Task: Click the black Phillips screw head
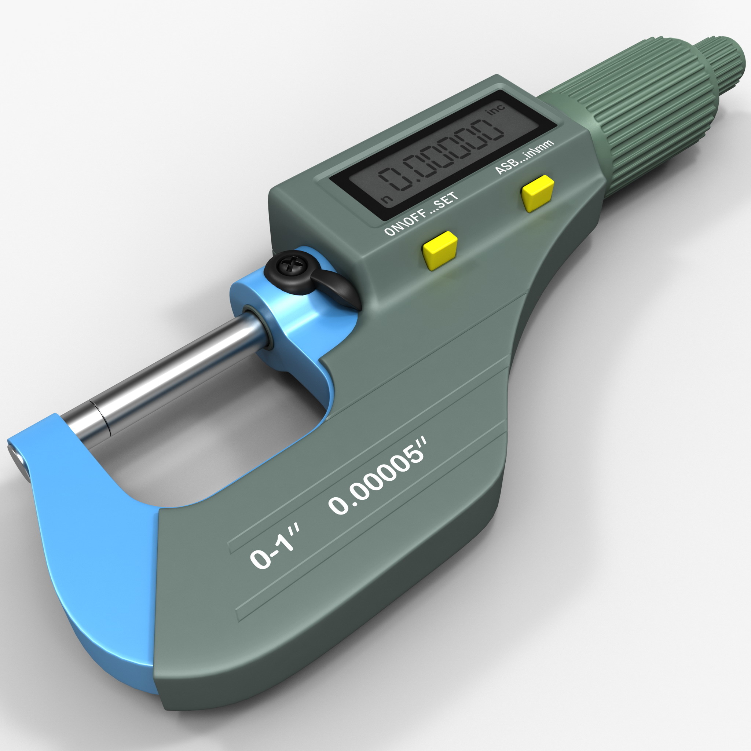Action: (289, 265)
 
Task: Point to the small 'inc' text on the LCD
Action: (496, 109)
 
